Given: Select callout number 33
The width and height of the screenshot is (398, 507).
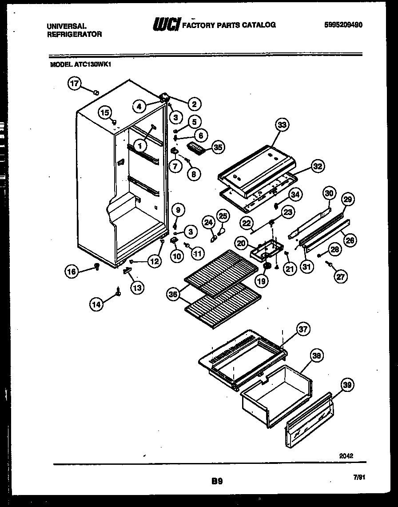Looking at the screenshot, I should [281, 125].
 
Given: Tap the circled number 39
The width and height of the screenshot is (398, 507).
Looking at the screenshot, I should [348, 386].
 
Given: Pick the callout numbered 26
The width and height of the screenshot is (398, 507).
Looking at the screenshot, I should [350, 240].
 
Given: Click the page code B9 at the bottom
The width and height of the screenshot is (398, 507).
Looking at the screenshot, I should [217, 480].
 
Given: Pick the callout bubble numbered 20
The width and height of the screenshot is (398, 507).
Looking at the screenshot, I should [242, 243].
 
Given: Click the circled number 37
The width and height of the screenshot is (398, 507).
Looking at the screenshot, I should [303, 329].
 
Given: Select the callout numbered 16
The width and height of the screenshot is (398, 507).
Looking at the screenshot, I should [72, 271].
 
